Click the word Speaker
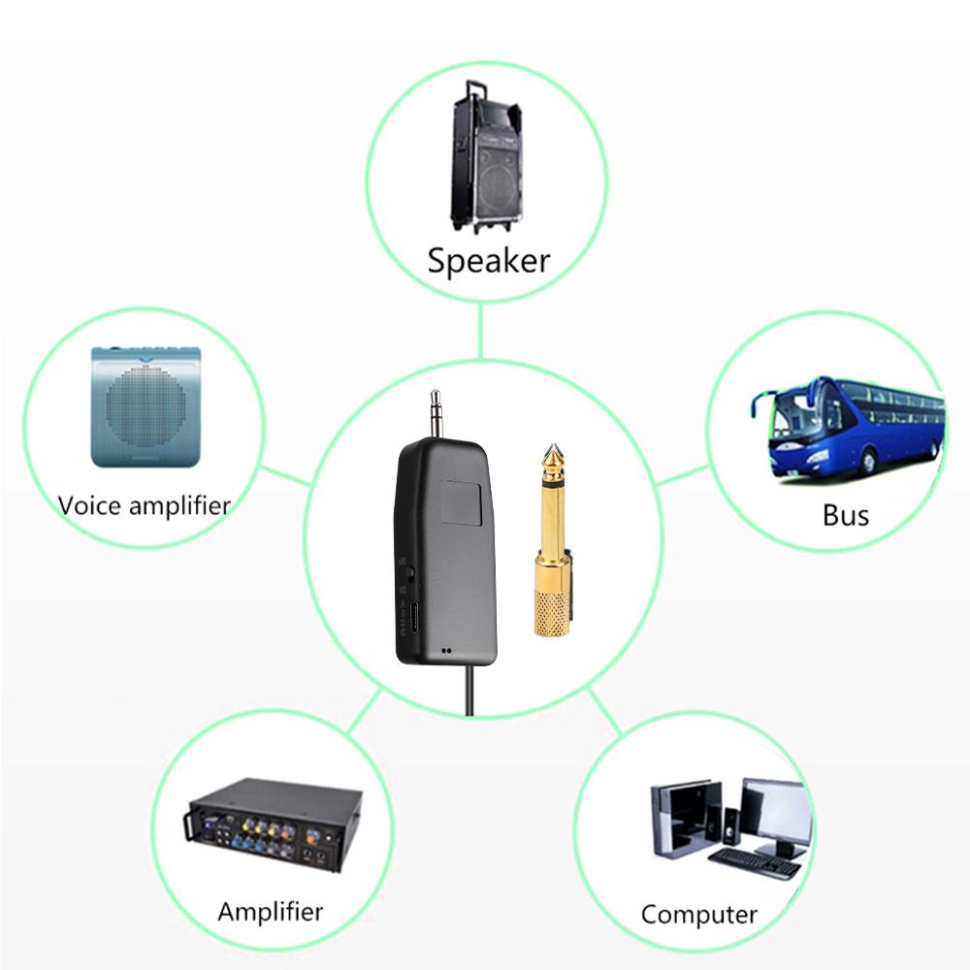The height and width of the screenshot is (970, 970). click(488, 261)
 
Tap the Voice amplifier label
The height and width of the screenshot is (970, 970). click(144, 505)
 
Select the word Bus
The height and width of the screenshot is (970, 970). click(845, 514)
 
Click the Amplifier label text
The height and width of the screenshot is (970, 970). click(270, 912)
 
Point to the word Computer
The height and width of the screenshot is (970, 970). click(698, 915)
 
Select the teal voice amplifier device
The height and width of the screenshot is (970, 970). click(145, 407)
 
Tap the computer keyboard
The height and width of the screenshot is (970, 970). click(753, 862)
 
